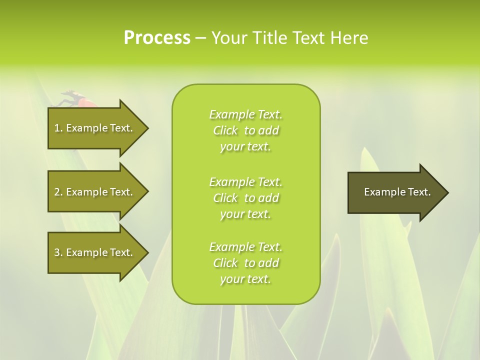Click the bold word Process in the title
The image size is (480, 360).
point(157,38)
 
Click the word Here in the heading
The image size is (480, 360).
point(349,38)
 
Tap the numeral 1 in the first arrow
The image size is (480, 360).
point(57,128)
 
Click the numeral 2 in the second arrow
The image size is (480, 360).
point(57,192)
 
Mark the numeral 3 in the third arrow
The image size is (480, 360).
point(57,252)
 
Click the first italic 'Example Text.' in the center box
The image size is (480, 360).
point(245,114)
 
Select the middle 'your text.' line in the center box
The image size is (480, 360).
point(245,214)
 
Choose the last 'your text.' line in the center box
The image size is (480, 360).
point(245,279)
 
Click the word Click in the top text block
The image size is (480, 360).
point(225,130)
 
